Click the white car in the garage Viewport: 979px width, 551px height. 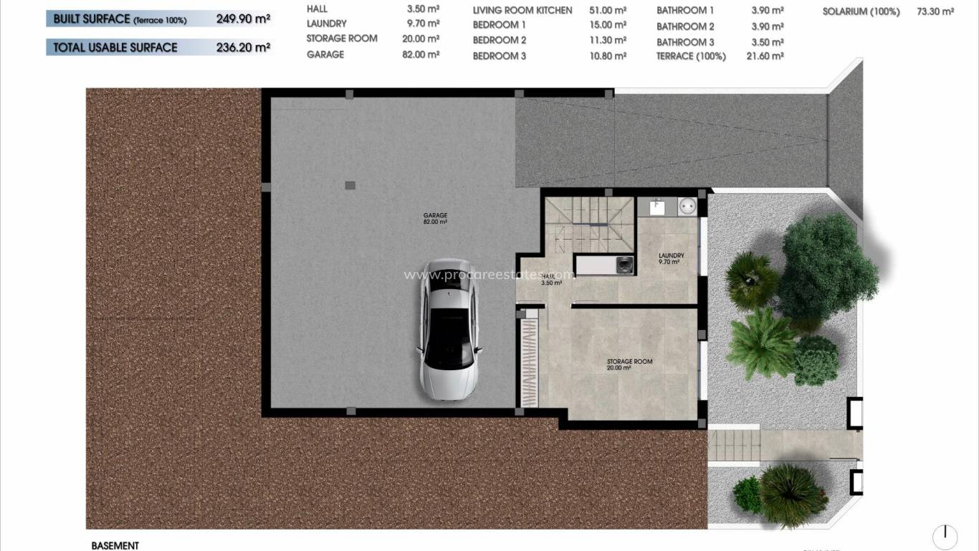click(449, 329)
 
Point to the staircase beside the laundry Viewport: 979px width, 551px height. click(590, 222)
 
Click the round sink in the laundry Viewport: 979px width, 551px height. click(686, 204)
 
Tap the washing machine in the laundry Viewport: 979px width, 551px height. click(625, 265)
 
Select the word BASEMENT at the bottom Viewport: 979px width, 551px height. click(115, 546)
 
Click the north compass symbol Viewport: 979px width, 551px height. click(945, 537)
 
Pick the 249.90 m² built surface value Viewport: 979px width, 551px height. click(243, 19)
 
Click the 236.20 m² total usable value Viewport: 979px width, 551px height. click(243, 48)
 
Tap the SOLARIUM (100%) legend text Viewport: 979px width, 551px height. click(861, 11)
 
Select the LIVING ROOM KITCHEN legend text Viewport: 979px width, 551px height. click(522, 11)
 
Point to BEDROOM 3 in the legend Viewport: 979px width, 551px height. click(500, 56)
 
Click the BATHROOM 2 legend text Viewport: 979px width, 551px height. click(685, 27)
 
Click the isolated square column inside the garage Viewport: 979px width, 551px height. click(350, 185)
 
